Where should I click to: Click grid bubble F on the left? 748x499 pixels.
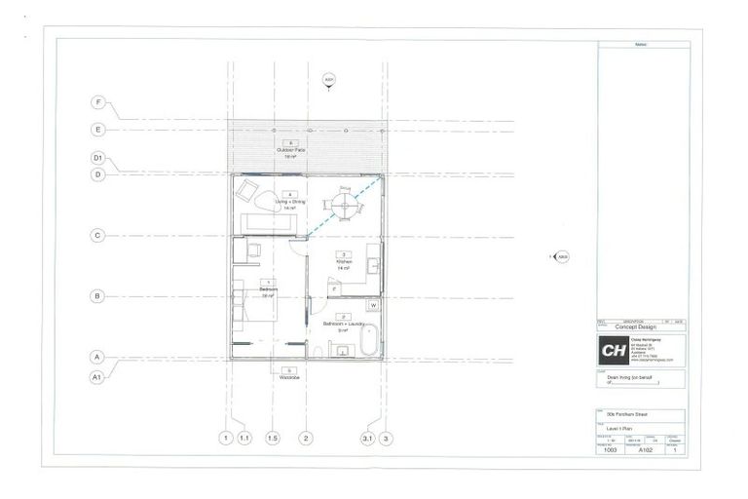click(97, 102)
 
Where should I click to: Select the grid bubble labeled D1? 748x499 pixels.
click(97, 157)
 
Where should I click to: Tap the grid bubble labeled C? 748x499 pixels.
click(97, 235)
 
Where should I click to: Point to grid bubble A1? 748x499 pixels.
click(97, 375)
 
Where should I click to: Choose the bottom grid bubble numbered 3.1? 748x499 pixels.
click(367, 439)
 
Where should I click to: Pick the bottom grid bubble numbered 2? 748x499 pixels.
click(305, 439)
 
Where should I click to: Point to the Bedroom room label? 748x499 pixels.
click(268, 288)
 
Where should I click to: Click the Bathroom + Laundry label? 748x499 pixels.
click(342, 323)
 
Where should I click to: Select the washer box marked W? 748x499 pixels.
click(373, 305)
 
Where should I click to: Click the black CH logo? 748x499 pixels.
click(614, 352)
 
